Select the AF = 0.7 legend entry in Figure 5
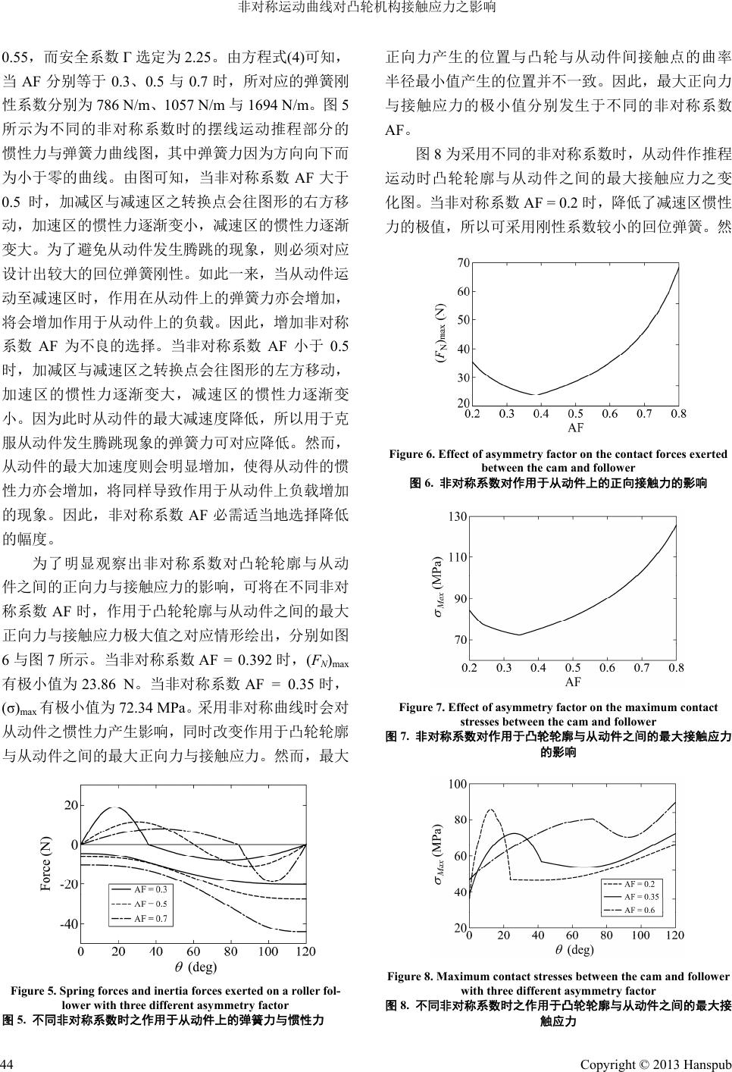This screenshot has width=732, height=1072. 150,918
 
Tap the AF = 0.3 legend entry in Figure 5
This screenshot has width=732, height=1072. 150,889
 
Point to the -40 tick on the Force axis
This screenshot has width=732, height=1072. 68,924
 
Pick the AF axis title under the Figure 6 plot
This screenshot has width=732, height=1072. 575,428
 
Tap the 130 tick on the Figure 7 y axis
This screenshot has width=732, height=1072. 457,517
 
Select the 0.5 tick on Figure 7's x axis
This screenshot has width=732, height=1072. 575,668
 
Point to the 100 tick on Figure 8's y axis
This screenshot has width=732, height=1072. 456,783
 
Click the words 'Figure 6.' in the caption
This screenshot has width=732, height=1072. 411,454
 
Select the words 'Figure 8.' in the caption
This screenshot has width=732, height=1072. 410,976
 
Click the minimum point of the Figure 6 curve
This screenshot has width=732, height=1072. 536,395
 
